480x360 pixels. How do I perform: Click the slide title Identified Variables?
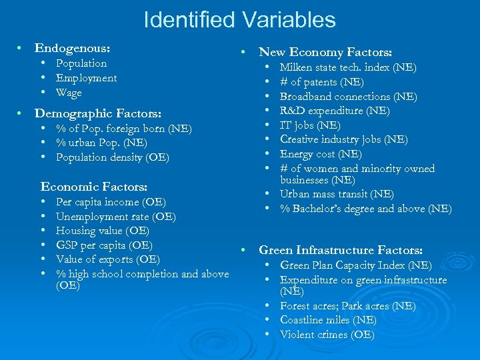click(239, 20)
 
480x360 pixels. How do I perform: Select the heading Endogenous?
click(72, 49)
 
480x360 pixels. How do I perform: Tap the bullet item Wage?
click(69, 93)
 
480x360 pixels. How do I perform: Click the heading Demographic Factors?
click(97, 113)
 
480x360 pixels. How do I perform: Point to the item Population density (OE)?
click(112, 157)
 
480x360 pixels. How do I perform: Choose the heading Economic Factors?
click(94, 187)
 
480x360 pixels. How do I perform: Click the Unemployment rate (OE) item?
click(115, 217)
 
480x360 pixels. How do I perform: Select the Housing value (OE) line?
click(102, 231)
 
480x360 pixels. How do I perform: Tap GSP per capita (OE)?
click(104, 245)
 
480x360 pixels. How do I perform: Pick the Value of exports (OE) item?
click(107, 259)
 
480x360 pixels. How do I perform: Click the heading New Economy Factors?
click(325, 52)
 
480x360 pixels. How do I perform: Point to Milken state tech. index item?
click(347, 67)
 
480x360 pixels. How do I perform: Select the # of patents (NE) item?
click(321, 82)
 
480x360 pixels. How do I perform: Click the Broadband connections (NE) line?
click(348, 97)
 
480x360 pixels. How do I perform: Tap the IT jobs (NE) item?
click(310, 125)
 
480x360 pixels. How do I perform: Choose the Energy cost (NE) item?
click(321, 154)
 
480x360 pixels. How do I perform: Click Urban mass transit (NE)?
click(337, 194)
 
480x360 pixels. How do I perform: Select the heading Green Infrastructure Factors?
click(340, 251)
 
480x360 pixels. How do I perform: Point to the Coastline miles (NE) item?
click(327, 320)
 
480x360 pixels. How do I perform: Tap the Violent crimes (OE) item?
click(327, 335)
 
